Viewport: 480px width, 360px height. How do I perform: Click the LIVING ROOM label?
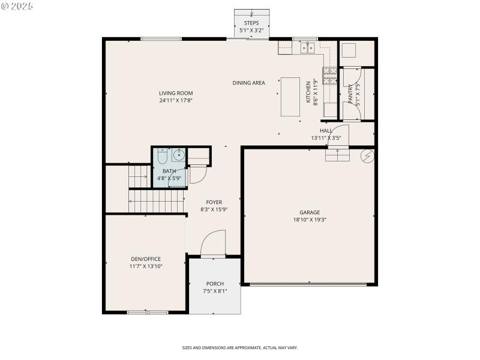click(176, 93)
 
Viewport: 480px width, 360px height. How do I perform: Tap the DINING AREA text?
click(248, 83)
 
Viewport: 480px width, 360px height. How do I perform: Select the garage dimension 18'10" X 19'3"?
click(310, 220)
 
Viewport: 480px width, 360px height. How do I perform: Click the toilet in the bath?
click(161, 156)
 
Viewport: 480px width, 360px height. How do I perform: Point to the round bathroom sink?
click(178, 155)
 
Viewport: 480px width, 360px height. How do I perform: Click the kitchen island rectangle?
click(290, 97)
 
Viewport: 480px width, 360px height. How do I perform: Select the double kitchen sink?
click(308, 47)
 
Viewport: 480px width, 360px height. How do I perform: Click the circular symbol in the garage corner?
click(366, 156)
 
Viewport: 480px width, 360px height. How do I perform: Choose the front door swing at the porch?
click(213, 244)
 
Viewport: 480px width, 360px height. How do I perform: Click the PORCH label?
click(215, 284)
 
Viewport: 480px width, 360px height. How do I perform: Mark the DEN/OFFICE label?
click(145, 259)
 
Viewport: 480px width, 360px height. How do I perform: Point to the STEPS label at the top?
click(251, 23)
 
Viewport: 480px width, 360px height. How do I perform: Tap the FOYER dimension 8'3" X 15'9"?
click(214, 210)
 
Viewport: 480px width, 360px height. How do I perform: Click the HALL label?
click(326, 130)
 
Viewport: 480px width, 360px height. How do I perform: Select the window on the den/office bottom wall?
click(148, 312)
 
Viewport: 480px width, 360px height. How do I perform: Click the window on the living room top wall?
click(161, 39)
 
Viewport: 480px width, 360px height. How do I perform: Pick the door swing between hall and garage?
click(339, 136)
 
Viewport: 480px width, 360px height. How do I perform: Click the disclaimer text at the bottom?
click(240, 347)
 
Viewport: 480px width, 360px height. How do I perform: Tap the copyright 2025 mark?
click(17, 5)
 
